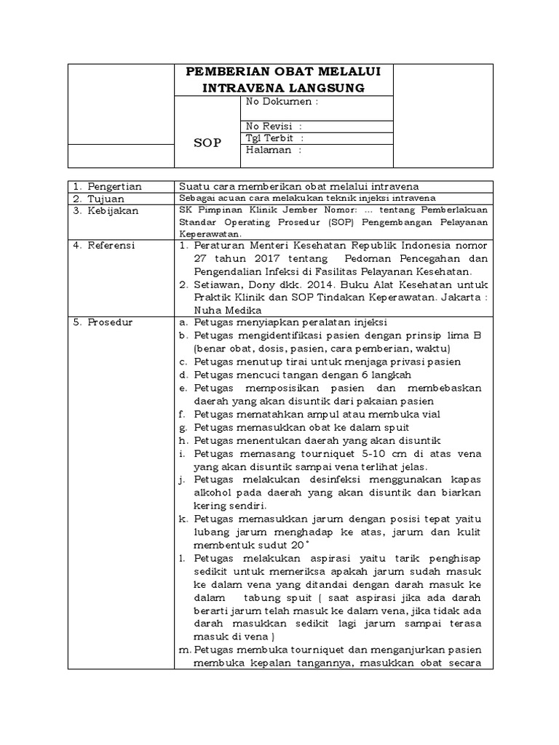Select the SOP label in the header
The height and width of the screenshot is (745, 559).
[x=207, y=142]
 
